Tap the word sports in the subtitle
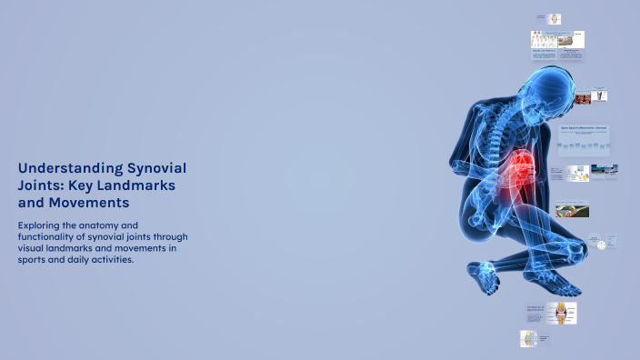pyautogui.click(x=34, y=259)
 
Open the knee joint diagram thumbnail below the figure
pyautogui.click(x=561, y=314)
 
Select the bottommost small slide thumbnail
pyautogui.click(x=529, y=338)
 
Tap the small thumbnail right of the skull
pyautogui.click(x=600, y=95)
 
